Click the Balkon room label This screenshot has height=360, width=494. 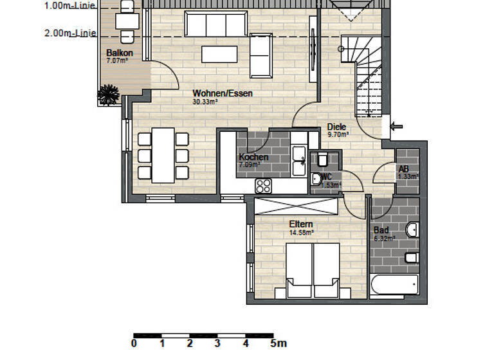120,53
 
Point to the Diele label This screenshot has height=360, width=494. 336,127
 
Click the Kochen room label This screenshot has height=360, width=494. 253,157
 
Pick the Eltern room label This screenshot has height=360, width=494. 300,224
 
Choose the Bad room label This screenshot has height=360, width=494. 381,230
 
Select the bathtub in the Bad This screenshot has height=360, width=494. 394,283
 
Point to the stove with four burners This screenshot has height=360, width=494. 264,186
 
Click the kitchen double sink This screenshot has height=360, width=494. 298,161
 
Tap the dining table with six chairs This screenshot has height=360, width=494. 163,155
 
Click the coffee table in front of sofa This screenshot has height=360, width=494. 219,54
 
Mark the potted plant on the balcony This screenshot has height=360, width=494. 108,96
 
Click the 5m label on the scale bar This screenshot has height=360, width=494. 279,343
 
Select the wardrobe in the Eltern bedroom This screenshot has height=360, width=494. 296,206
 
